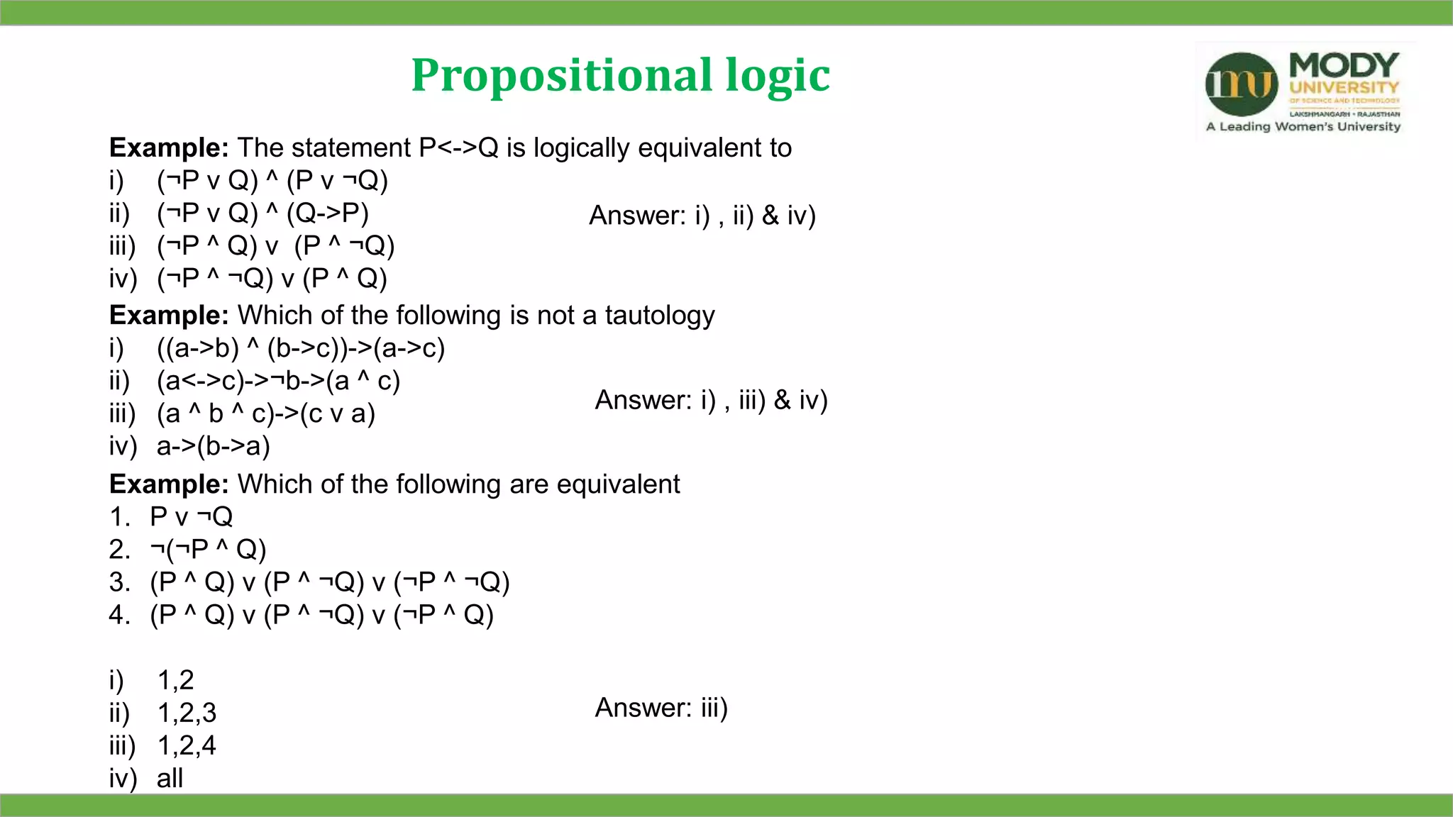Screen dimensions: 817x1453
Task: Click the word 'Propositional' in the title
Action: click(561, 75)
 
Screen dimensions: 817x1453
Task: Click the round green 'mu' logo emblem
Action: click(1242, 84)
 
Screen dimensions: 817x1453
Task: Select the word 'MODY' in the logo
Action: click(1344, 65)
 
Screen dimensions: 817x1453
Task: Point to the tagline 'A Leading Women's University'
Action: click(1303, 127)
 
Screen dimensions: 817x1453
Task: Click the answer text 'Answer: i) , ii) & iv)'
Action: click(702, 216)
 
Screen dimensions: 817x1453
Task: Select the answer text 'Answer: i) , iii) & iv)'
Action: click(711, 400)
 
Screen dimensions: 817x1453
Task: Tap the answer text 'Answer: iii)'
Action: click(661, 708)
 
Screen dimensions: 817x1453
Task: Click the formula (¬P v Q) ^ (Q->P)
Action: click(263, 213)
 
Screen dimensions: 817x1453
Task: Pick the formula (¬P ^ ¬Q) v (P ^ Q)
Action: click(272, 278)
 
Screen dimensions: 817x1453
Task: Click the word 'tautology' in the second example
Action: click(660, 315)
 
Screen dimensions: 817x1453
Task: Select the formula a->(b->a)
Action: click(213, 446)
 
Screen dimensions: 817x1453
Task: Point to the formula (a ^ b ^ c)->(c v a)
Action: click(265, 413)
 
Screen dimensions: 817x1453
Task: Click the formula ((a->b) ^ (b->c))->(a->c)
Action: click(300, 348)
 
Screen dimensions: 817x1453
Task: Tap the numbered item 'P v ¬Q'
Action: click(191, 517)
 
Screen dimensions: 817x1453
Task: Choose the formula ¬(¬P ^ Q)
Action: click(208, 550)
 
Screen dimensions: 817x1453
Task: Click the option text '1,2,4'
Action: click(187, 745)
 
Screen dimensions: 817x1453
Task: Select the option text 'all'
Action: click(170, 778)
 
